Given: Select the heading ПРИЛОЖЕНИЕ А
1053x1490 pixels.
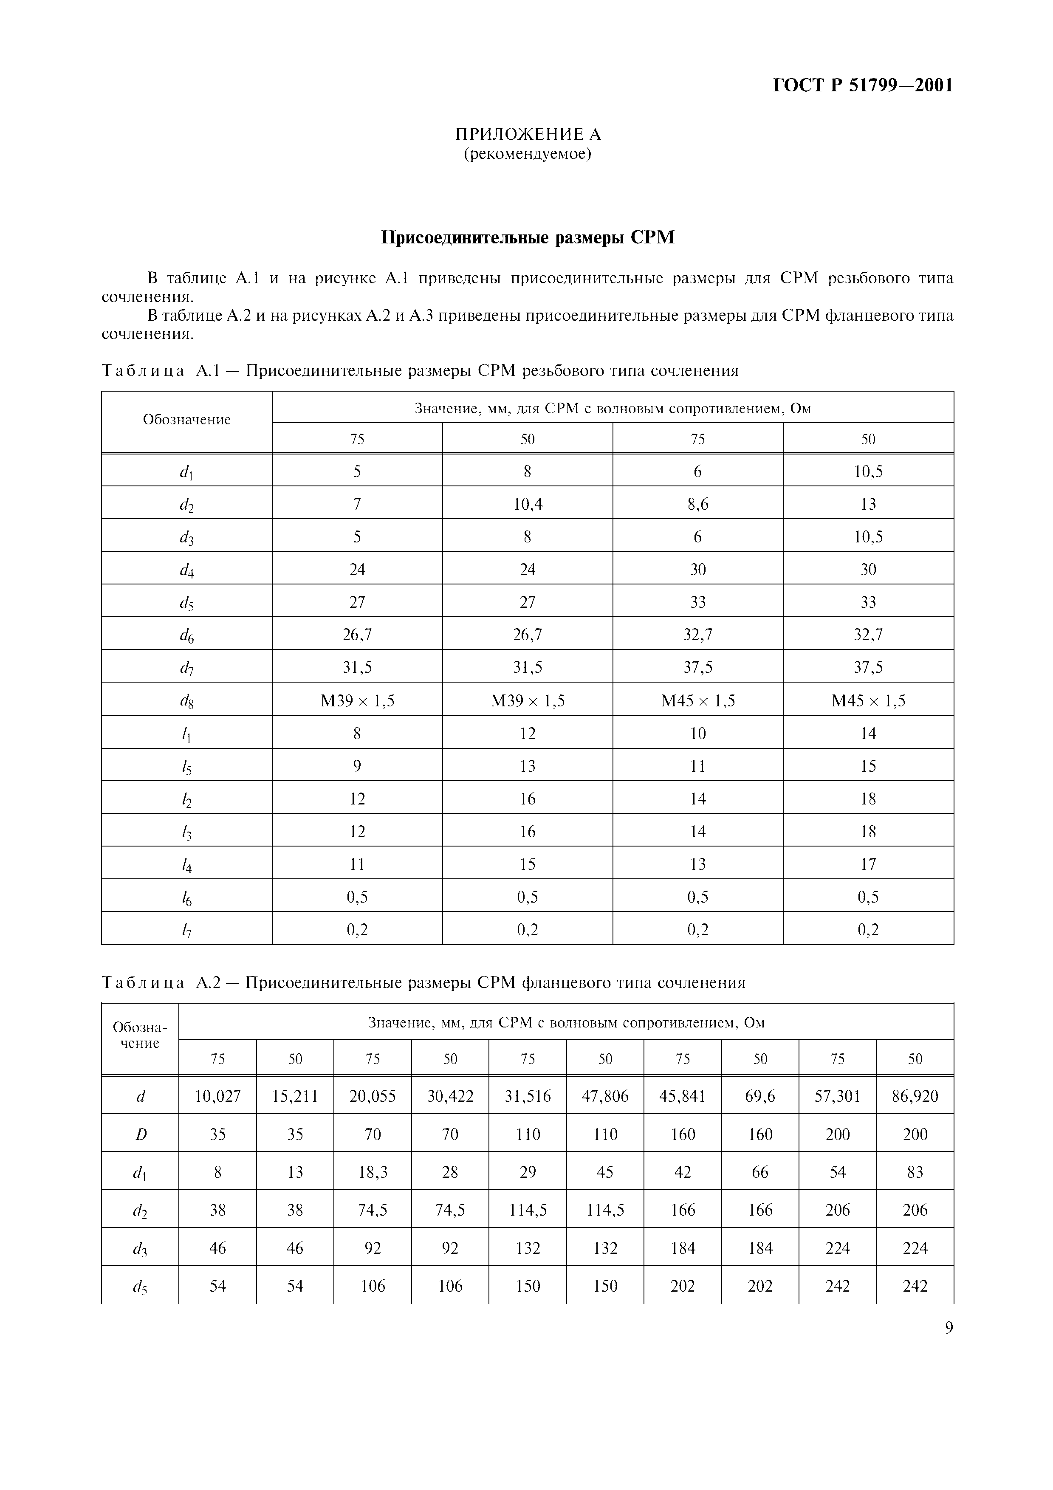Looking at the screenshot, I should point(528,134).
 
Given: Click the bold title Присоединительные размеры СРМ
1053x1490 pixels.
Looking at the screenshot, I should point(528,237).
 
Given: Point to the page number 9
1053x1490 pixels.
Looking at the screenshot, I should point(949,1328).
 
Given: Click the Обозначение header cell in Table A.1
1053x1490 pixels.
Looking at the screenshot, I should point(187,420).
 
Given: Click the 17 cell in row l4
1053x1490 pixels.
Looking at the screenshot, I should point(868,864).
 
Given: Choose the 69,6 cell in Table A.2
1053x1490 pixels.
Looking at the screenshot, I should point(760,1096).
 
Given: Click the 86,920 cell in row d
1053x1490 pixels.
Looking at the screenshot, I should point(915,1096).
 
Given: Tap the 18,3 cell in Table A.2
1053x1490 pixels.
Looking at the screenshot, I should point(373,1172).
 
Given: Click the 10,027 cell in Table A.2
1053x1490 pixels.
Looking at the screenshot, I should point(217,1096).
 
